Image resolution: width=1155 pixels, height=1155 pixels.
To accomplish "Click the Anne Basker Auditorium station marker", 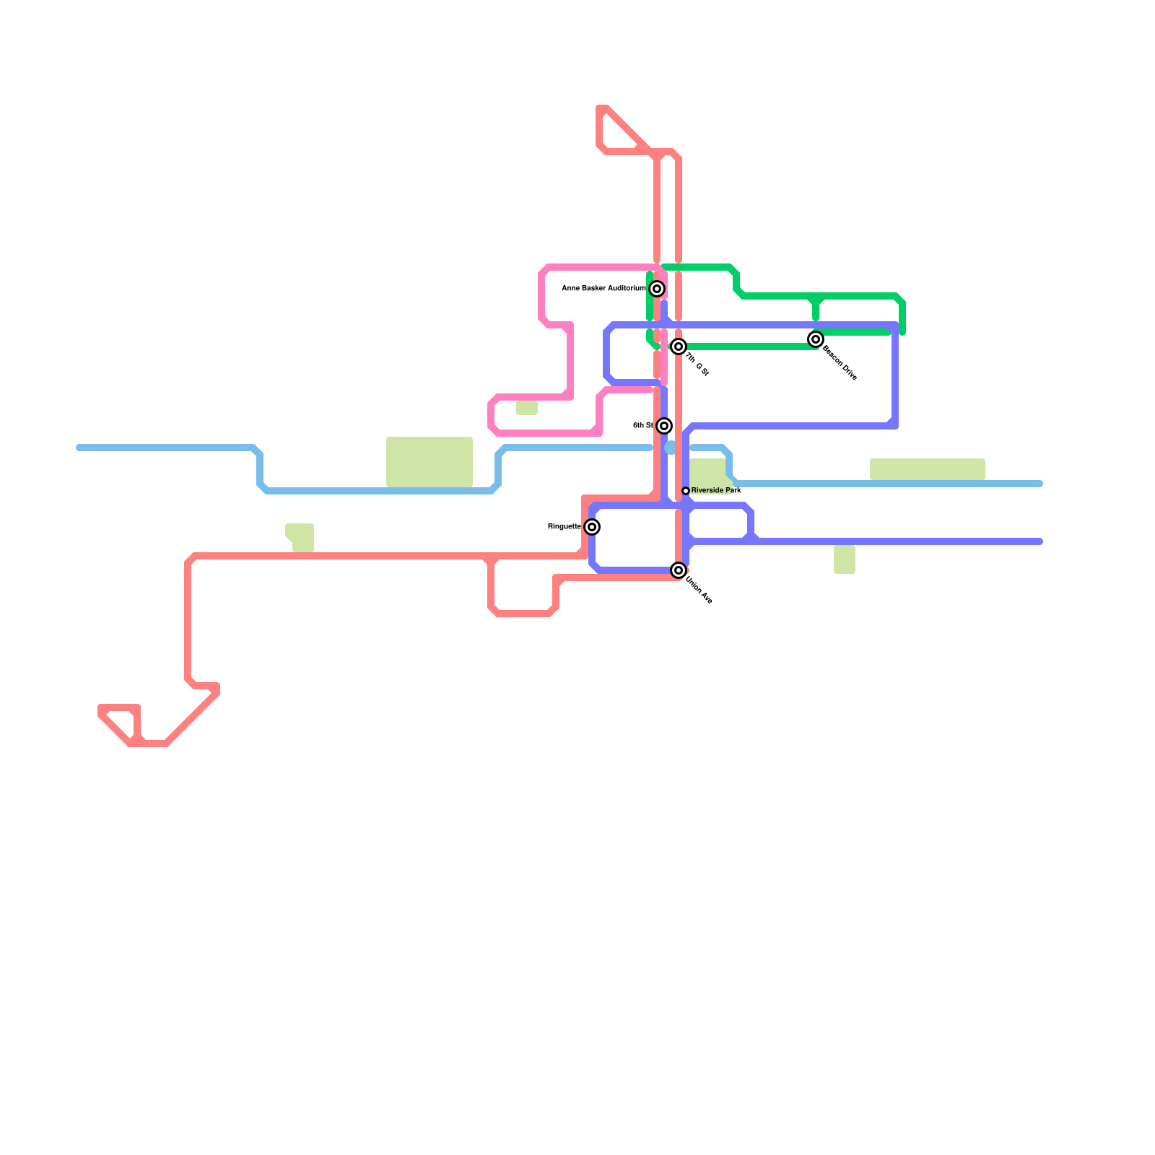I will click(657, 289).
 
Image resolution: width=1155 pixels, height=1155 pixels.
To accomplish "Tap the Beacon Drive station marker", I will click(816, 339).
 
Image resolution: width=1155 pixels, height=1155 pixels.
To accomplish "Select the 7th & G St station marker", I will click(679, 346).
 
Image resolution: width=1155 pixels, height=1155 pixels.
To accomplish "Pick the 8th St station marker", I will click(664, 426).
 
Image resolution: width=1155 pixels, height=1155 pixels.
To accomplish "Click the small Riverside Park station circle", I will click(686, 491).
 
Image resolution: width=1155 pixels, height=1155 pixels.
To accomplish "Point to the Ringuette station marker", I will click(592, 527).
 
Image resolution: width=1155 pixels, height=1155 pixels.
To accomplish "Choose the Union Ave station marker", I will click(679, 570).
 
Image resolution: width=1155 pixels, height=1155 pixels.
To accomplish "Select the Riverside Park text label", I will click(716, 491).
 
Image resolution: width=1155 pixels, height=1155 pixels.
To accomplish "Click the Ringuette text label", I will click(564, 527).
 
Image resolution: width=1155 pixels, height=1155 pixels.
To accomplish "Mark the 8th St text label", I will click(642, 426).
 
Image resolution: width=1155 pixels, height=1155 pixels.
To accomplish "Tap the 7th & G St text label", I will click(697, 364).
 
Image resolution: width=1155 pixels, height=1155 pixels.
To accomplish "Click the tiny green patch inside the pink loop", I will click(527, 409).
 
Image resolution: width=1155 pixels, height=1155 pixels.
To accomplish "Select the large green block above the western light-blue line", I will click(430, 462).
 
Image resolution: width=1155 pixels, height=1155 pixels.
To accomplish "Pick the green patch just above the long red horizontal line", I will click(301, 537).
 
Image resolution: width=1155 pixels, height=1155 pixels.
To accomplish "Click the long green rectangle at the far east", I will click(928, 469).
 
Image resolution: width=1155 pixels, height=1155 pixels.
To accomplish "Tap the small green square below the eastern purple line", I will click(845, 560).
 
